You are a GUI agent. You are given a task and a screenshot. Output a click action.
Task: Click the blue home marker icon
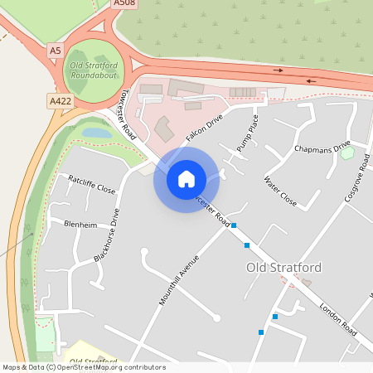186,178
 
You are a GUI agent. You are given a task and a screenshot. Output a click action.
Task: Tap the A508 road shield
124,4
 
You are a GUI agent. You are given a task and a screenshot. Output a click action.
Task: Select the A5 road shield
55,51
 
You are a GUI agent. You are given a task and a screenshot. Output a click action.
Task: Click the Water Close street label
279,191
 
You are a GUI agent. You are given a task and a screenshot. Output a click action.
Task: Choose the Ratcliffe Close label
92,183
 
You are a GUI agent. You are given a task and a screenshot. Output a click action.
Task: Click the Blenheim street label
80,224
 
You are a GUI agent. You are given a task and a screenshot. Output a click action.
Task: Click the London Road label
337,318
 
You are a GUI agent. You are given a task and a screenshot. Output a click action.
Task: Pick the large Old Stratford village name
283,268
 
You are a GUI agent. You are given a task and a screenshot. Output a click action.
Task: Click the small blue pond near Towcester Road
96,132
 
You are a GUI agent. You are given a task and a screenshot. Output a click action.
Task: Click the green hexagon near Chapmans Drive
346,153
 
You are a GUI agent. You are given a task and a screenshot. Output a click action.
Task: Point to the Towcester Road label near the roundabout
128,114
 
